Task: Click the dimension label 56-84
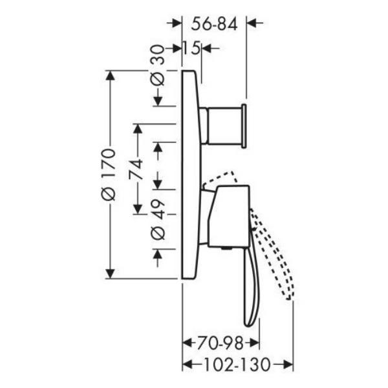(214, 24)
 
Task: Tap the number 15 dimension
(191, 48)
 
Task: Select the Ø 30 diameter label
(157, 65)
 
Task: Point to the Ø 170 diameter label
(109, 174)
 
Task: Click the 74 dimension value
(136, 169)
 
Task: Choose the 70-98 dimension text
(220, 343)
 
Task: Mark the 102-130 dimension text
(237, 365)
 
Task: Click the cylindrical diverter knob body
(224, 125)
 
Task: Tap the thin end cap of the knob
(244, 126)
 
